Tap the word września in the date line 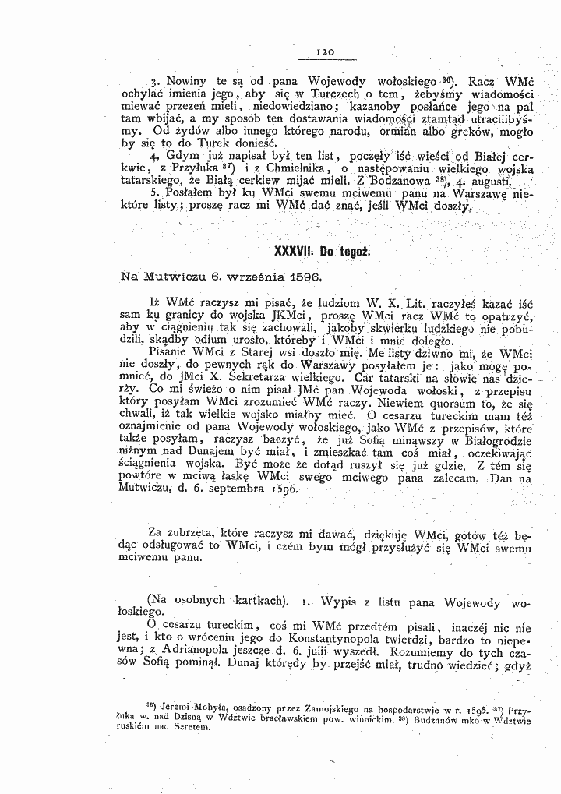[238, 277]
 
